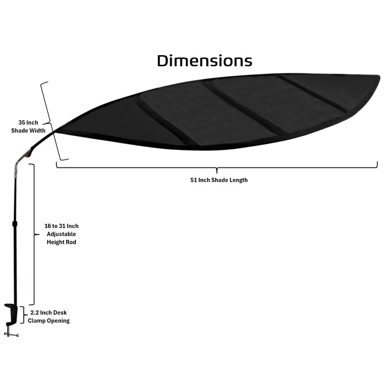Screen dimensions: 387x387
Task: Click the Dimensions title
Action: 204,61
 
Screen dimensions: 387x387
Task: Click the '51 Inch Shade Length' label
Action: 219,180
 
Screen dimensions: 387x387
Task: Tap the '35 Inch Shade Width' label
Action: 28,126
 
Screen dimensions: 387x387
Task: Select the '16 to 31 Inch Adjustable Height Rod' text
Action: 61,234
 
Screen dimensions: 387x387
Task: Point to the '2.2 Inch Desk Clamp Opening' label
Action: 48,317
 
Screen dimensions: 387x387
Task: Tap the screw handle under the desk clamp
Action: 12,334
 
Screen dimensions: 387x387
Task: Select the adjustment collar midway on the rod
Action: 15,224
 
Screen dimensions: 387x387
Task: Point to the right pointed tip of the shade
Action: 378,76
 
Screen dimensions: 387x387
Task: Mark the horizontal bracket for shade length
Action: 217,167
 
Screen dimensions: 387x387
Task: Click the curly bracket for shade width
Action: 52,121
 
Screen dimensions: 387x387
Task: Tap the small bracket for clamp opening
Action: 22,314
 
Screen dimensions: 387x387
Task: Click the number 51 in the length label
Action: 193,180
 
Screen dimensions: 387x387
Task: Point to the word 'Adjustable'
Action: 61,234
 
